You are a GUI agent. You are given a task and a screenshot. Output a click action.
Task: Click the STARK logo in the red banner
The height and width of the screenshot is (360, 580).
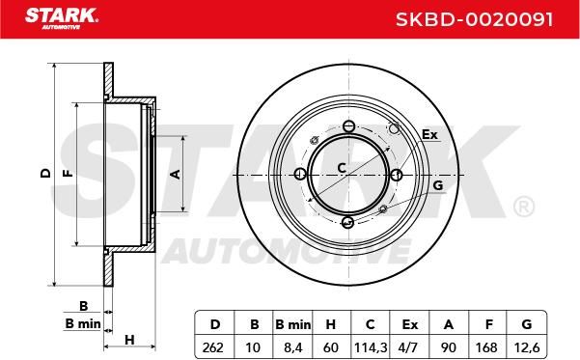[62, 18]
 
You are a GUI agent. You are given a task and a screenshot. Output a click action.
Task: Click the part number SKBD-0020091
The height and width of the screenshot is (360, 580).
[475, 19]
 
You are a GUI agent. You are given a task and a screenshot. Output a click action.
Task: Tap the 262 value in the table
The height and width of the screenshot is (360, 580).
[213, 347]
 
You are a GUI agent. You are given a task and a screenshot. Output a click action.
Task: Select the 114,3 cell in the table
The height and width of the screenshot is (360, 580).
[371, 347]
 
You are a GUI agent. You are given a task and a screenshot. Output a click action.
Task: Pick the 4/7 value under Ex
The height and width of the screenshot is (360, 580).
[409, 347]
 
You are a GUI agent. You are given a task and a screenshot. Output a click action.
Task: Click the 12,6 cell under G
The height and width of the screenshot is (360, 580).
[527, 347]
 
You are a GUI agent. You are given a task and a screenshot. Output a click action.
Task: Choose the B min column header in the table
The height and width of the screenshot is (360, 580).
[293, 324]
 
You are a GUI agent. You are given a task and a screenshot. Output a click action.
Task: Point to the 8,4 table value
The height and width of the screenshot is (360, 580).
[293, 347]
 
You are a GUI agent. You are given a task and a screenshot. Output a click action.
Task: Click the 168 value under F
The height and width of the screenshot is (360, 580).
[486, 347]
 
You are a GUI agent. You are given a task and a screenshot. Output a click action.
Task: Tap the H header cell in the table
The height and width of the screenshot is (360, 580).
[331, 324]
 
